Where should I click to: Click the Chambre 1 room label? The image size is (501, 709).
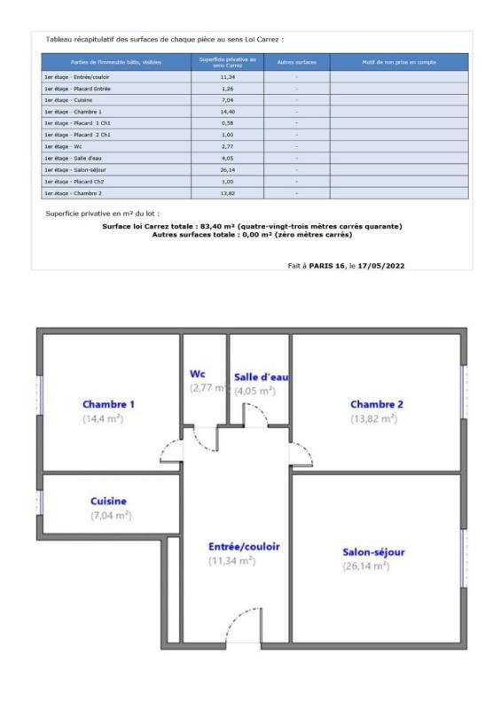(x=108, y=404)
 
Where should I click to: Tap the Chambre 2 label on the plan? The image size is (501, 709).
(x=377, y=404)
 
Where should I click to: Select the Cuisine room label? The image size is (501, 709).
(x=108, y=501)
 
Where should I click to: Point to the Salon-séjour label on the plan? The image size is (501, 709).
(x=373, y=551)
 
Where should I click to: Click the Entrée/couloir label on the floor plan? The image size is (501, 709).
(x=244, y=546)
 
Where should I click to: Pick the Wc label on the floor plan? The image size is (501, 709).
(x=199, y=373)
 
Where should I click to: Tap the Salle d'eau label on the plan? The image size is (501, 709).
(x=261, y=377)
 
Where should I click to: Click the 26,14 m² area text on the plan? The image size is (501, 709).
(x=366, y=565)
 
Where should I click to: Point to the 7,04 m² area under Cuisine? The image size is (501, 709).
(x=110, y=515)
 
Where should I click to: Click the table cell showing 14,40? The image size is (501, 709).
(x=226, y=111)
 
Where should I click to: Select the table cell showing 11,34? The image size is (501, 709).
(x=226, y=77)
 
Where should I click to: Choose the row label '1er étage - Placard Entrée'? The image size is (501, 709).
(x=75, y=89)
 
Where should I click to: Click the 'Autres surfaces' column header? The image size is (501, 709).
(x=296, y=62)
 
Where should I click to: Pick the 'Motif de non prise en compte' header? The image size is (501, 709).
(x=398, y=62)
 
